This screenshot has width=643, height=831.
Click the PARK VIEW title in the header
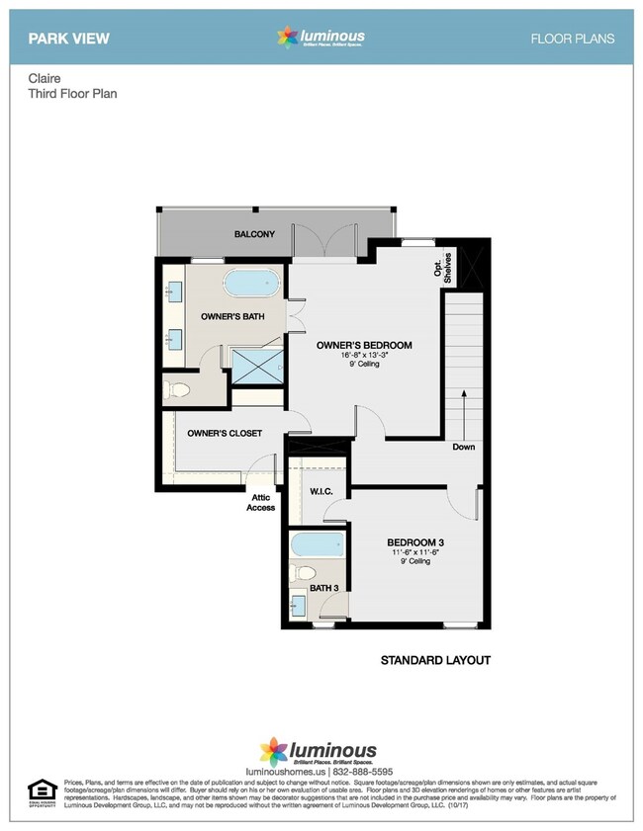tap(68, 39)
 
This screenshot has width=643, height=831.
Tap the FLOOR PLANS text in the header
tap(573, 39)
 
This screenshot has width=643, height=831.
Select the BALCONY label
tap(254, 234)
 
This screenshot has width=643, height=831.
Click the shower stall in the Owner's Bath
tap(256, 365)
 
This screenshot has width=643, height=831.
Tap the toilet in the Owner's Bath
tap(177, 388)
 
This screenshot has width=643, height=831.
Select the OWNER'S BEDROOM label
tap(363, 345)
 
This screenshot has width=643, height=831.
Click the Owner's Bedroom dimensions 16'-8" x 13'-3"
tap(365, 355)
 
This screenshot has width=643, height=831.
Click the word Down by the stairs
tap(463, 447)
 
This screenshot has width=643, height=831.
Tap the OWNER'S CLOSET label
tap(225, 433)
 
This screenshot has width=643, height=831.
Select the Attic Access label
tap(261, 503)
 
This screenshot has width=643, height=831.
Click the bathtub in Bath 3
tap(318, 545)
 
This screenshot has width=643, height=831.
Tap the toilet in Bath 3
tap(305, 574)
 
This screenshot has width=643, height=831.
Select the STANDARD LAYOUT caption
tap(436, 660)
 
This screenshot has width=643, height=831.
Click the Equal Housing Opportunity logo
tap(41, 790)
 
